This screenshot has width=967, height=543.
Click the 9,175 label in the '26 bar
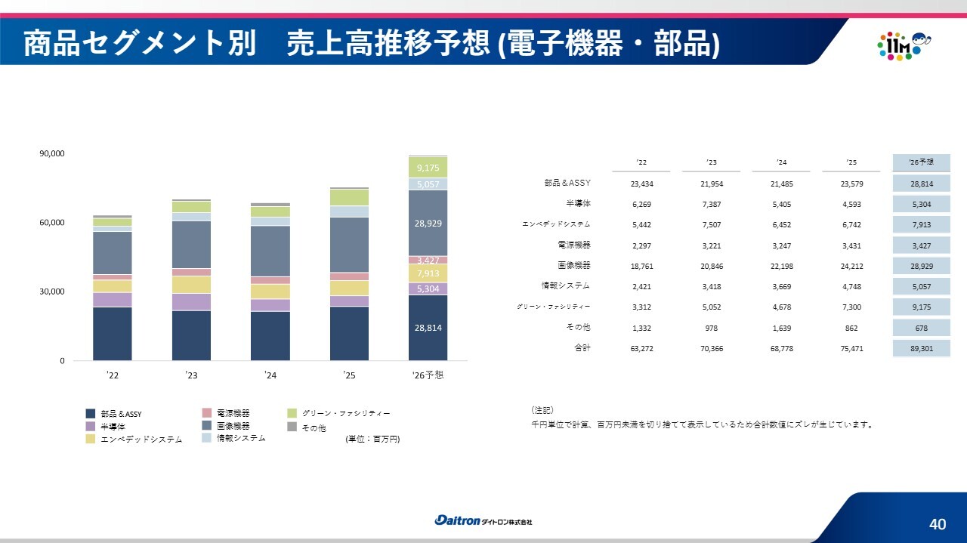tap(428, 168)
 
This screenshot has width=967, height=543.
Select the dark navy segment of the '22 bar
tap(113, 334)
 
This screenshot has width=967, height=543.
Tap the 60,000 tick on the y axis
tap(52, 222)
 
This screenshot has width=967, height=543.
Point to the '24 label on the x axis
tap(270, 375)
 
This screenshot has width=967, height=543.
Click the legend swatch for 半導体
tap(90, 427)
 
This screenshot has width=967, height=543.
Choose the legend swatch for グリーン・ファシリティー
tap(292, 413)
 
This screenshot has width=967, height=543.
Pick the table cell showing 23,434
tap(641, 184)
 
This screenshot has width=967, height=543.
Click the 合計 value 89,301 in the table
tap(922, 348)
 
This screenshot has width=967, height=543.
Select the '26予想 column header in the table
tap(921, 162)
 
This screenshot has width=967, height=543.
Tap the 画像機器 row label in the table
tap(573, 265)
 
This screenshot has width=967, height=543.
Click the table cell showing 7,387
tap(712, 204)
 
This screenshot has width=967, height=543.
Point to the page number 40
tap(938, 524)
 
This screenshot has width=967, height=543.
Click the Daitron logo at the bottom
tap(483, 520)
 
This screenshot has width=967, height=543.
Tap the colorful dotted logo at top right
tap(904, 46)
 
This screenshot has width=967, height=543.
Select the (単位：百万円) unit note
tap(372, 439)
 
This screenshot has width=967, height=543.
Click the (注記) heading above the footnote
tap(542, 409)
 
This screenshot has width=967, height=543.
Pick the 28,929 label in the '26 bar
tap(428, 224)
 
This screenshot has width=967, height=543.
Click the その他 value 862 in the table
tap(851, 328)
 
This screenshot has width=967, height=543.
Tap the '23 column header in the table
tap(712, 162)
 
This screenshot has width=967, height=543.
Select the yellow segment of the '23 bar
tap(191, 285)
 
